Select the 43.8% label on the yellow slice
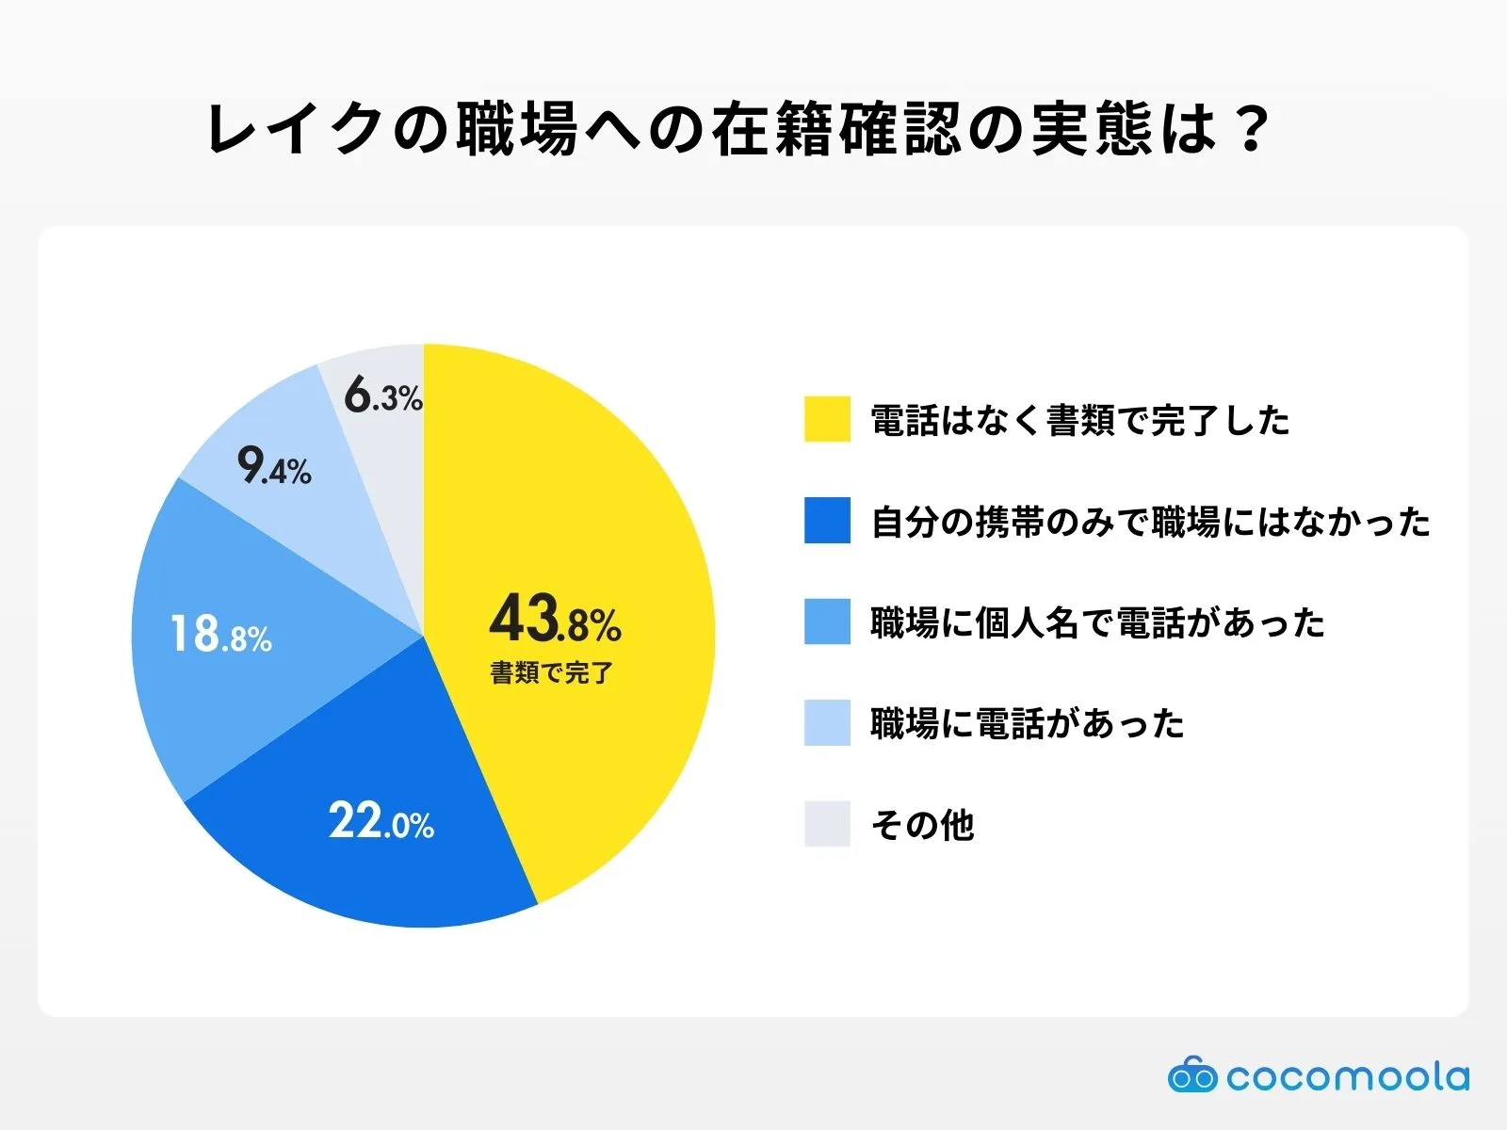[x=555, y=619]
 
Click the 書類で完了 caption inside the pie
[x=552, y=672]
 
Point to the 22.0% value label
[x=381, y=821]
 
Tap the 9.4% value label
[x=274, y=465]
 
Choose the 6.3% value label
[x=383, y=395]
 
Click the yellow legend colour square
[x=827, y=419]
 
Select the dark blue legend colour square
[x=827, y=521]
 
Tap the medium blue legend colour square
[x=827, y=621]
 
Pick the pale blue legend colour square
[x=827, y=723]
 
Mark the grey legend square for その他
[x=827, y=824]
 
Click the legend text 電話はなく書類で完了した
[x=1079, y=420]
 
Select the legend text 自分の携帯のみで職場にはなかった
[x=1150, y=522]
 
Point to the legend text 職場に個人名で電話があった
[x=1097, y=622]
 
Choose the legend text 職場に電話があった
[x=1027, y=724]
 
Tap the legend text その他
[x=922, y=825]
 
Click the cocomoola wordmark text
[x=1347, y=1076]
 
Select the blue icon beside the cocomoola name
[x=1191, y=1074]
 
